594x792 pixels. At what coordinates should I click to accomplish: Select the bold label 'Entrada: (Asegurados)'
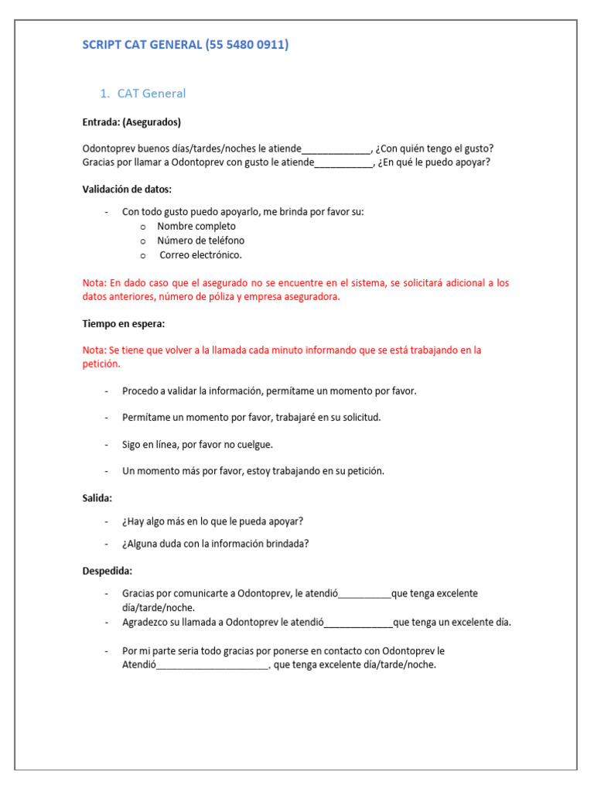(x=131, y=122)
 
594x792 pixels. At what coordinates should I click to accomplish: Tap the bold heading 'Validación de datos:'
(x=127, y=189)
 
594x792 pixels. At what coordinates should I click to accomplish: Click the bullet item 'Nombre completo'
(x=196, y=226)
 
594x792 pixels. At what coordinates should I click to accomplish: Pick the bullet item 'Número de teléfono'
(x=200, y=241)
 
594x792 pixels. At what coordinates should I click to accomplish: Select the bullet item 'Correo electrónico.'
(x=200, y=254)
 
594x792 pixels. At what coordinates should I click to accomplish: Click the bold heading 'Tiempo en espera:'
(x=123, y=323)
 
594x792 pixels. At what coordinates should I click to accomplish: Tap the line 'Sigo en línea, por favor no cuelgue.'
(x=197, y=444)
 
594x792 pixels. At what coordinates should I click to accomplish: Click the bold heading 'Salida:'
(x=97, y=498)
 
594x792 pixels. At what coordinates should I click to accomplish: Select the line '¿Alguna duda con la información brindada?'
(x=215, y=543)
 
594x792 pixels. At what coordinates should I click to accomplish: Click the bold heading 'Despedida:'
(x=108, y=571)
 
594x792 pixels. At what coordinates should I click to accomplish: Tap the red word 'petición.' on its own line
(x=101, y=364)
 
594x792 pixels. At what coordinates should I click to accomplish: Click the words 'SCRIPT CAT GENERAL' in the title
(x=142, y=45)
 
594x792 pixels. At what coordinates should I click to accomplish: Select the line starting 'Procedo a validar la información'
(x=268, y=391)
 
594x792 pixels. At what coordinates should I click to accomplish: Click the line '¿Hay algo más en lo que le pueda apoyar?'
(x=212, y=521)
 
